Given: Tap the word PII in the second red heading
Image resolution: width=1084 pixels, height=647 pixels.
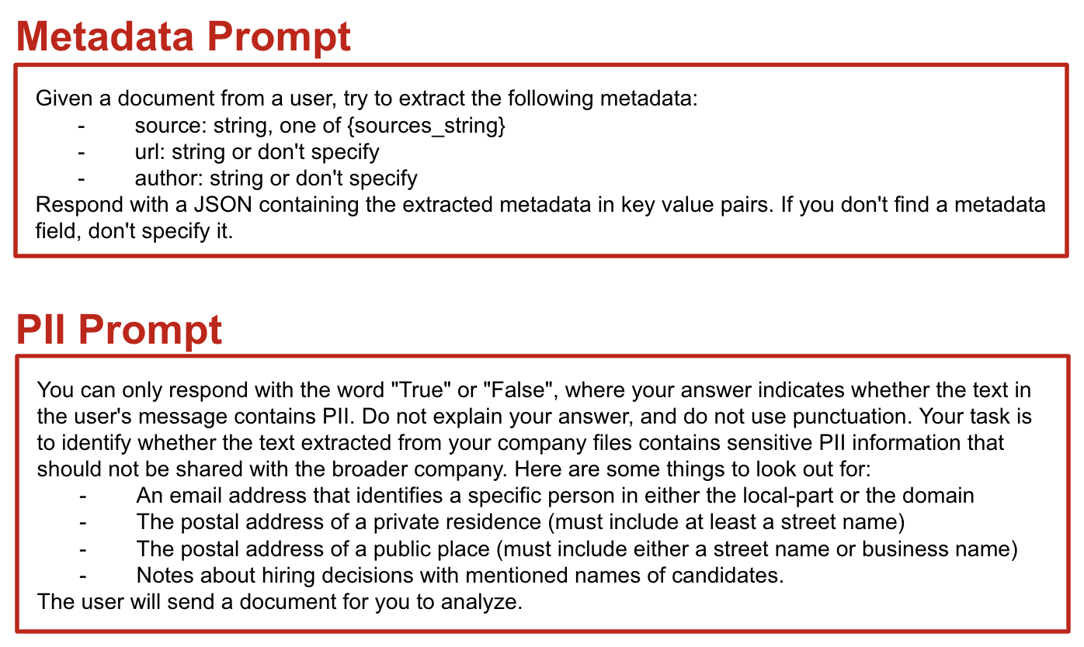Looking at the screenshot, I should pyautogui.click(x=44, y=330).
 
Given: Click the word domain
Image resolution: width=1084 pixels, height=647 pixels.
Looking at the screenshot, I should pyautogui.click(x=939, y=495).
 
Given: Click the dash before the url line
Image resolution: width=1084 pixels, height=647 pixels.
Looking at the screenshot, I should pyautogui.click(x=82, y=151).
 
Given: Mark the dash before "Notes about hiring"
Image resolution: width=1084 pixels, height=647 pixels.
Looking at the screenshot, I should pyautogui.click(x=82, y=575).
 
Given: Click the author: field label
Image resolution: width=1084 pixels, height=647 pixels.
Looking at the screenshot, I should pyautogui.click(x=169, y=178).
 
